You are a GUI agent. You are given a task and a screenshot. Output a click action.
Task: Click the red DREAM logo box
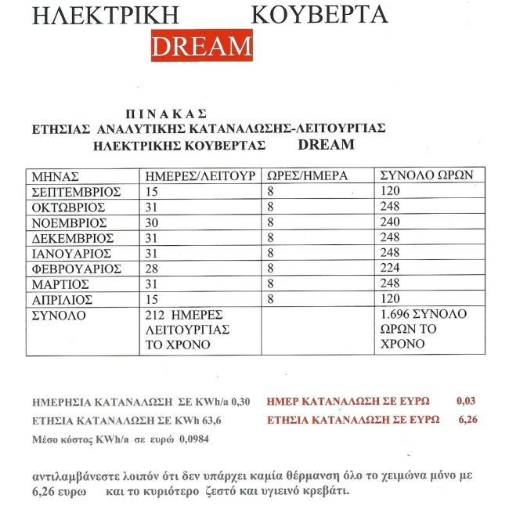[x=201, y=46]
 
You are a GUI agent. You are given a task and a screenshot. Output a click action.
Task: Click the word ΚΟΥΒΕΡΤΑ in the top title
[x=319, y=15]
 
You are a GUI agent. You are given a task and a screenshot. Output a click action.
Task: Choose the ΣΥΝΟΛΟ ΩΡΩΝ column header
[x=424, y=176]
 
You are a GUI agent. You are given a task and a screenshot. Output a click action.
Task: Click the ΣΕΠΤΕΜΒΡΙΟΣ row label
[x=74, y=191]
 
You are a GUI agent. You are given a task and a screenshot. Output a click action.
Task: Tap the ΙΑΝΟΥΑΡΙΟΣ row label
[x=70, y=254]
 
